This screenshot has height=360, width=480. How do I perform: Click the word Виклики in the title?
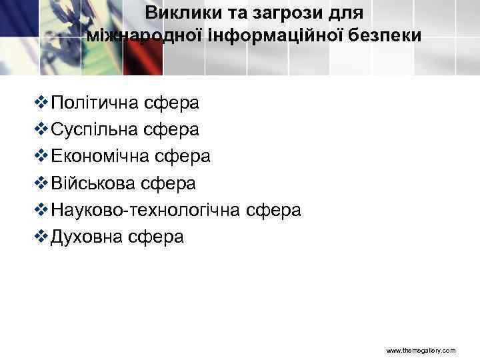[x=176, y=13]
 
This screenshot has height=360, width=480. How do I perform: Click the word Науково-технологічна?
[x=145, y=210]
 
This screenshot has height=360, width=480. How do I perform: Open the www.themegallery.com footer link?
[x=421, y=349]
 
